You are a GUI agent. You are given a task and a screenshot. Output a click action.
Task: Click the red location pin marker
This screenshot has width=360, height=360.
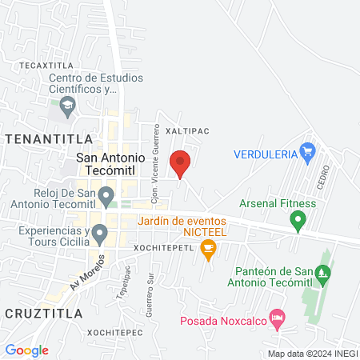tap(180, 162)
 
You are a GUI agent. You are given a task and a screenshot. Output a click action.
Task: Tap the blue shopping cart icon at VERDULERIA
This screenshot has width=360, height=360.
tap(307, 150)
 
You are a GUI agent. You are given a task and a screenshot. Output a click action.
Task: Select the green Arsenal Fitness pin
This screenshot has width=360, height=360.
tap(298, 218)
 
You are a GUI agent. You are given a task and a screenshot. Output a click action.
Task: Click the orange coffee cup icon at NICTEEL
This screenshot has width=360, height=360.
tap(209, 249)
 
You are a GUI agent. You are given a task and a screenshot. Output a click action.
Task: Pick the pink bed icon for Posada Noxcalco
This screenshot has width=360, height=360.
tap(277, 318)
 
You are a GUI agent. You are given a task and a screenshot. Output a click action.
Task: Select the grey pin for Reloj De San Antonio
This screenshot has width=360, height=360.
tap(107, 192)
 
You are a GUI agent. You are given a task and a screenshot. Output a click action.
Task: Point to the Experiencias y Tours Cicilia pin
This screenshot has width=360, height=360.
tap(100, 234)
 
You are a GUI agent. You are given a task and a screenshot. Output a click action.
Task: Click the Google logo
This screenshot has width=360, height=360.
tap(27, 350)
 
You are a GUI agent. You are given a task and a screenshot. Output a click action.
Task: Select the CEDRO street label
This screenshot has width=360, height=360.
tap(324, 174)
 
